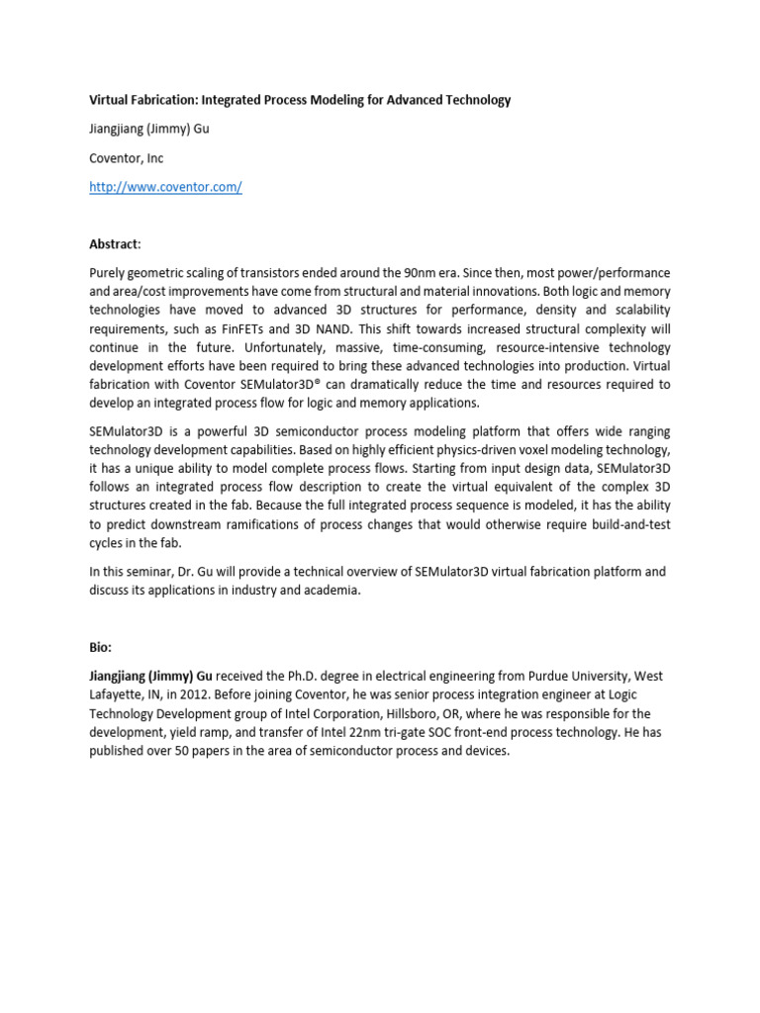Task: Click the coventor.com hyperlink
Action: point(165,188)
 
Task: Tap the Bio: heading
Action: point(102,647)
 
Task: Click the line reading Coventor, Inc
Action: point(127,158)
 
